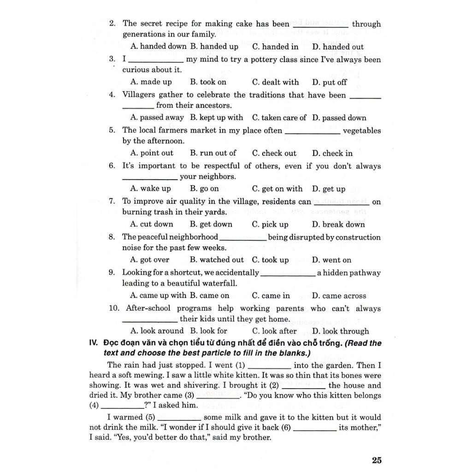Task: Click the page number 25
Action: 377,460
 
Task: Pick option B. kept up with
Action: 216,118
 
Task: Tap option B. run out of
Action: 213,153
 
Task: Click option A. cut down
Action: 152,224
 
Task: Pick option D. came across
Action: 339,296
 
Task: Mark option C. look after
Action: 274,331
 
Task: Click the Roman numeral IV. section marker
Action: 94,343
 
